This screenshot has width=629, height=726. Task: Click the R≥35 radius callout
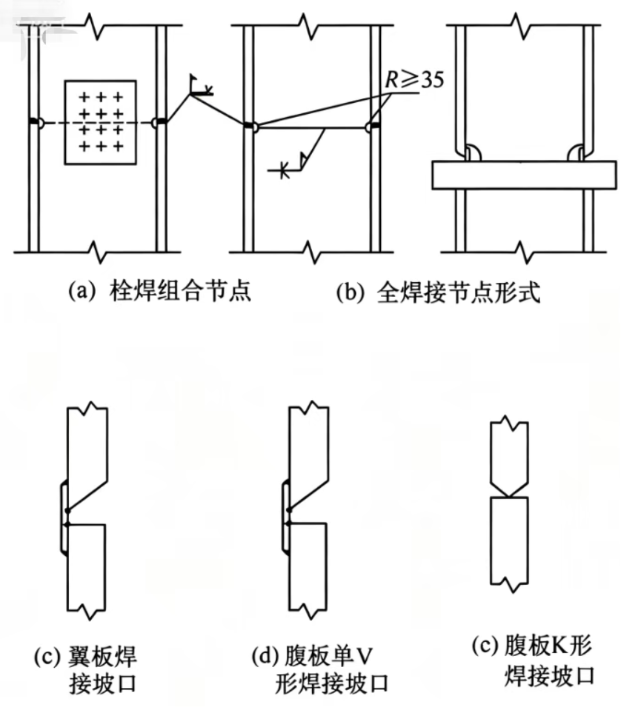click(x=414, y=80)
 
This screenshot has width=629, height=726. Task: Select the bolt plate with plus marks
click(x=101, y=122)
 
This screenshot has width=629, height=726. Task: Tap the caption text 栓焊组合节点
click(x=179, y=290)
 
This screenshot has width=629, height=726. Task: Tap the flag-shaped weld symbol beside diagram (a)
click(x=200, y=87)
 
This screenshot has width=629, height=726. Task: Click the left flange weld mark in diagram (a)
click(x=36, y=122)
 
